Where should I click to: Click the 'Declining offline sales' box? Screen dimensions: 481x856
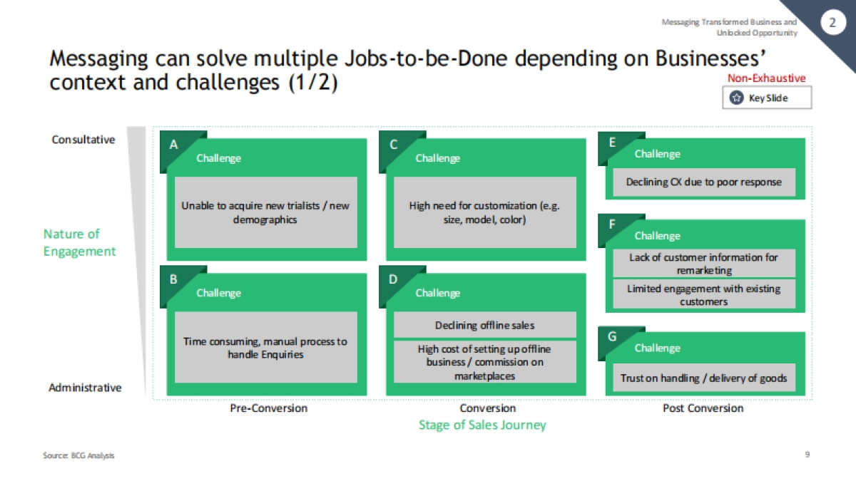click(484, 325)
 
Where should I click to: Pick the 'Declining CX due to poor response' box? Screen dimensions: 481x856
click(703, 182)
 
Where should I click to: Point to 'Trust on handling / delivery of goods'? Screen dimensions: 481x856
click(703, 378)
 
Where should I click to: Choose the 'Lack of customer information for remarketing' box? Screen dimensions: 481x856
click(703, 264)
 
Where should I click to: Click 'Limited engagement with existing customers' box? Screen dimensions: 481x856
click(703, 294)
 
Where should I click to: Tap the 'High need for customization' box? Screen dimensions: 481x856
click(484, 212)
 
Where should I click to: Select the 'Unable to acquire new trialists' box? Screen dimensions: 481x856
click(265, 212)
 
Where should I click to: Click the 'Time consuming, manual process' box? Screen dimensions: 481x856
click(265, 347)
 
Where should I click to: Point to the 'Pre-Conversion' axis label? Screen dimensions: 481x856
click(268, 408)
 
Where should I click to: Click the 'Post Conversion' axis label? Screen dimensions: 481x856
click(703, 408)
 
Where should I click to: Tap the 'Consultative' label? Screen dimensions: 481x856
click(83, 140)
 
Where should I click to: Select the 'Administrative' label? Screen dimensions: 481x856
click(85, 388)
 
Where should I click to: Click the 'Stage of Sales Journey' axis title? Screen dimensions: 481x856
click(482, 425)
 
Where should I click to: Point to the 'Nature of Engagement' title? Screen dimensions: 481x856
click(79, 242)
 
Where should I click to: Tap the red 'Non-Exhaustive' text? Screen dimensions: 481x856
click(766, 78)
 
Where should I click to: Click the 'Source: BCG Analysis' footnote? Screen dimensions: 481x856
click(78, 455)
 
